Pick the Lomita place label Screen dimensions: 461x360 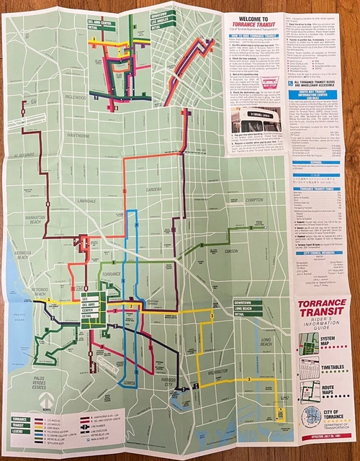[129, 382]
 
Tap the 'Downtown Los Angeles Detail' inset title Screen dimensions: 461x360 [163, 17]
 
